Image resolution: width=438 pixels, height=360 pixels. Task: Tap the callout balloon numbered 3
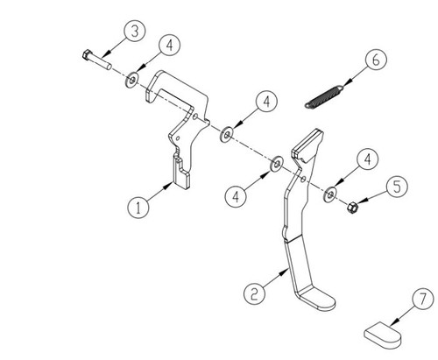(x=134, y=32)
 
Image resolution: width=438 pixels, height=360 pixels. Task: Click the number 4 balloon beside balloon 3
(x=168, y=46)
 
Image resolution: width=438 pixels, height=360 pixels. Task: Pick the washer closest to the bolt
(x=131, y=80)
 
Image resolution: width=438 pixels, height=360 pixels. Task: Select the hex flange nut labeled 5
(x=347, y=211)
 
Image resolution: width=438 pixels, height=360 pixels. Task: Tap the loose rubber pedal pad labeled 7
(x=384, y=332)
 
